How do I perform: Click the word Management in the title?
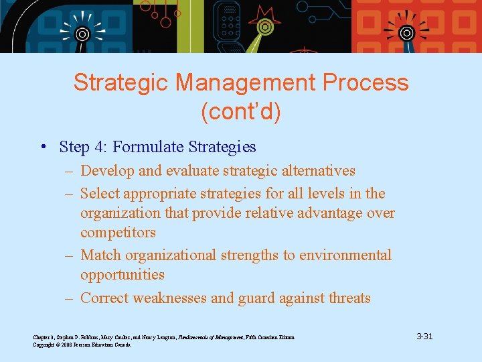pos(245,83)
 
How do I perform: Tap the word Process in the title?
pos(366,83)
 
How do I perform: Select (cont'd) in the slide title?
pos(241,112)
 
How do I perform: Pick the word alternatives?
pos(314,171)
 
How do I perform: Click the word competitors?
pos(118,233)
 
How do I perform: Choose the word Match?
pos(101,255)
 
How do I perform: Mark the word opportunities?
pos(122,275)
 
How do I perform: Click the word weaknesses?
pos(175,298)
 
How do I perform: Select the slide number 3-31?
pos(424,336)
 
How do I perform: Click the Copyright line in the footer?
pos(82,345)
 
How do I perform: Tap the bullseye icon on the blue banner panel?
pos(82,34)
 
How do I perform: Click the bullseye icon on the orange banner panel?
pos(406,33)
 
